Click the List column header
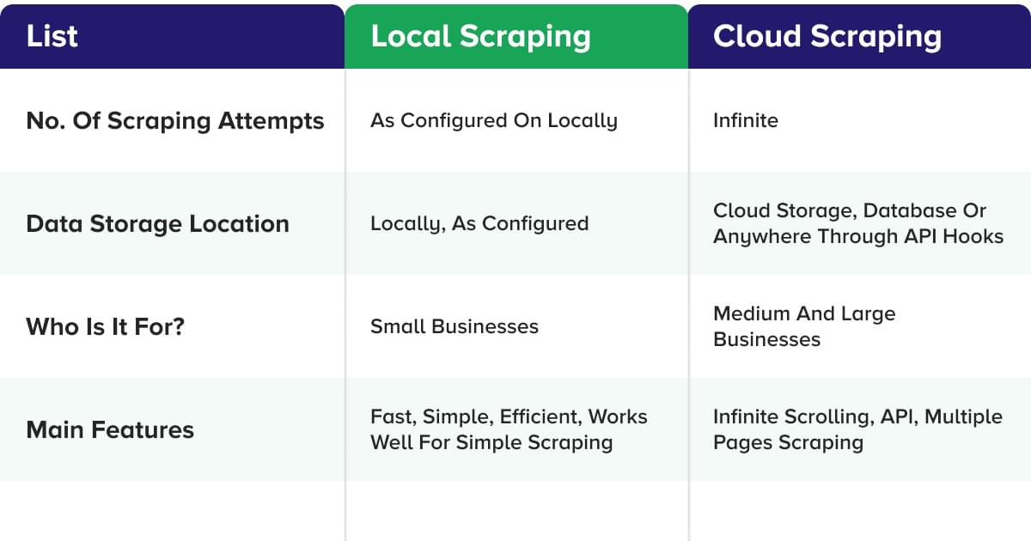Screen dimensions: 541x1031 pos(52,36)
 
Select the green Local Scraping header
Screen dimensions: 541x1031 pos(480,36)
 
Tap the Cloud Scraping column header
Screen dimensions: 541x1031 pos(827,36)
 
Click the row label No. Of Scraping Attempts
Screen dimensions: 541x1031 pos(175,120)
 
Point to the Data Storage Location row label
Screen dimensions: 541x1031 pos(157,223)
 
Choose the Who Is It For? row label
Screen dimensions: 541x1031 pos(105,326)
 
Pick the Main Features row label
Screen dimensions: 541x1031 pos(110,429)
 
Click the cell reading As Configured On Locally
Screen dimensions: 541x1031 pos(493,120)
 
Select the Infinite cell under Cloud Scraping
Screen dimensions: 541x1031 pos(745,120)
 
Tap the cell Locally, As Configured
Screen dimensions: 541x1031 pos(479,223)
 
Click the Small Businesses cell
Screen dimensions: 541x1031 pos(454,326)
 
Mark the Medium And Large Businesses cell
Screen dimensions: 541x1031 pos(803,326)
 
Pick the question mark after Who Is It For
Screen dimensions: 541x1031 pos(178,326)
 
